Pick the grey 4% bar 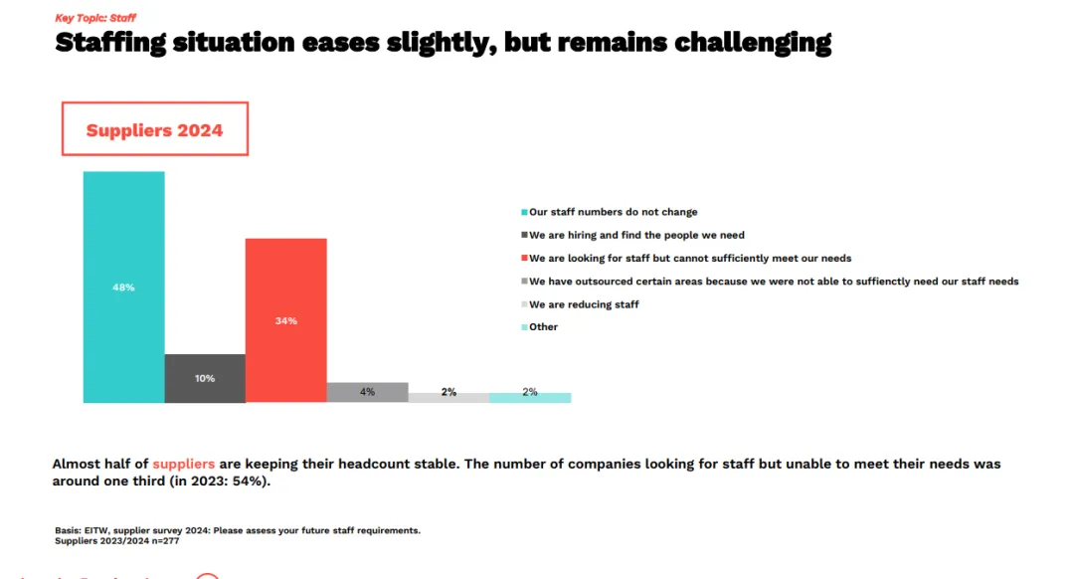coord(367,392)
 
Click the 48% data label coord(123,288)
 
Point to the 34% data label coord(285,321)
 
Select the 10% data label coord(205,378)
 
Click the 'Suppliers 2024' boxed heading coord(154,130)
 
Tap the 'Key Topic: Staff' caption coord(95,18)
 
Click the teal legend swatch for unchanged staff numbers coord(524,213)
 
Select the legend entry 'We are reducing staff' coord(584,304)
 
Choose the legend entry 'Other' coord(543,327)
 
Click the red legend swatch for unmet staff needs coord(524,259)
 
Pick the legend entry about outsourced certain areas coord(773,282)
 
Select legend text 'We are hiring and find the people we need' coord(636,236)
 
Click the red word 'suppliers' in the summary coord(183,464)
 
